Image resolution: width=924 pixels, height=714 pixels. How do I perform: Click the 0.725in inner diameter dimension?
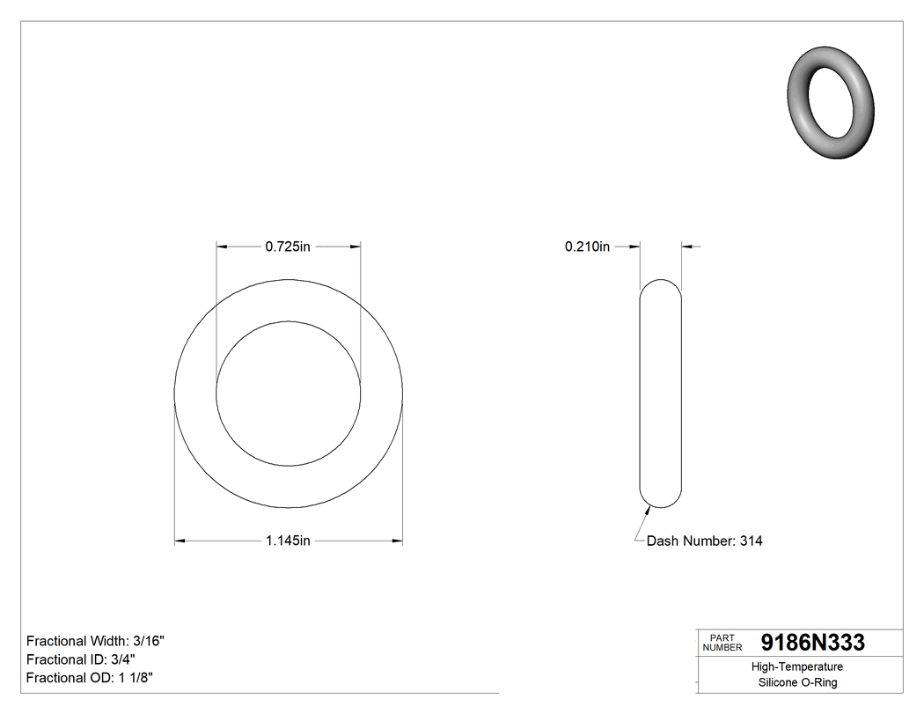point(288,247)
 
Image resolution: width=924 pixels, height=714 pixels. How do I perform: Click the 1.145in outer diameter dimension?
point(288,541)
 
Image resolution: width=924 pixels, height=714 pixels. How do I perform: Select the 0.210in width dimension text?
point(587,247)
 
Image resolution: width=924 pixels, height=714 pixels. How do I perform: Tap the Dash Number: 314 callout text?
point(704,541)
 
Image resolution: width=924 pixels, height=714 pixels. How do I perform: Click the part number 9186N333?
point(812,643)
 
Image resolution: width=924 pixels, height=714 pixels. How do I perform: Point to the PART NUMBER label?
point(722,643)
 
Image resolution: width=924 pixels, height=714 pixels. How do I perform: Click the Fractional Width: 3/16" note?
point(95,641)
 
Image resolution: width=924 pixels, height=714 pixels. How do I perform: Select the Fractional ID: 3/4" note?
point(81,659)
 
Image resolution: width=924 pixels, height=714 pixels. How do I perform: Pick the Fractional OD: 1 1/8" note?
point(92,678)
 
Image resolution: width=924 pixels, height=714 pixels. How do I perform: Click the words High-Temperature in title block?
point(797,667)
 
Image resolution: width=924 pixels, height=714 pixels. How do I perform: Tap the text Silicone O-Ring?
point(797,683)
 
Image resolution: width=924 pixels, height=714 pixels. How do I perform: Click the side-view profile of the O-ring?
point(660,394)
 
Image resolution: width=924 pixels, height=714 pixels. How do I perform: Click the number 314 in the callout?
point(751,541)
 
